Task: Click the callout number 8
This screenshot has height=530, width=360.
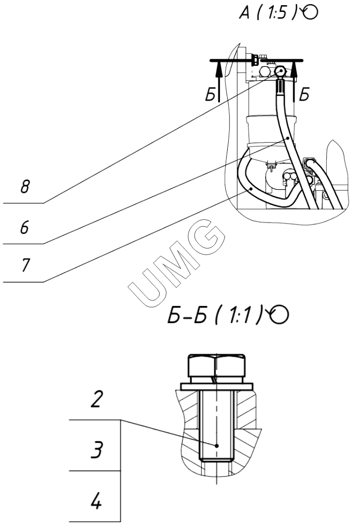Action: [x=25, y=186]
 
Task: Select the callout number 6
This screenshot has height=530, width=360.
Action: [x=24, y=227]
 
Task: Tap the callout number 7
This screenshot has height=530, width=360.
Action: [x=25, y=265]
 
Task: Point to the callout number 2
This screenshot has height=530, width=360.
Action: [x=96, y=399]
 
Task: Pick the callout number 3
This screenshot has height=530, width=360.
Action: [x=96, y=450]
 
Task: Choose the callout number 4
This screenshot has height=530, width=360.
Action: [x=96, y=500]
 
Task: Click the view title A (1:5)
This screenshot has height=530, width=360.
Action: [x=268, y=13]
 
